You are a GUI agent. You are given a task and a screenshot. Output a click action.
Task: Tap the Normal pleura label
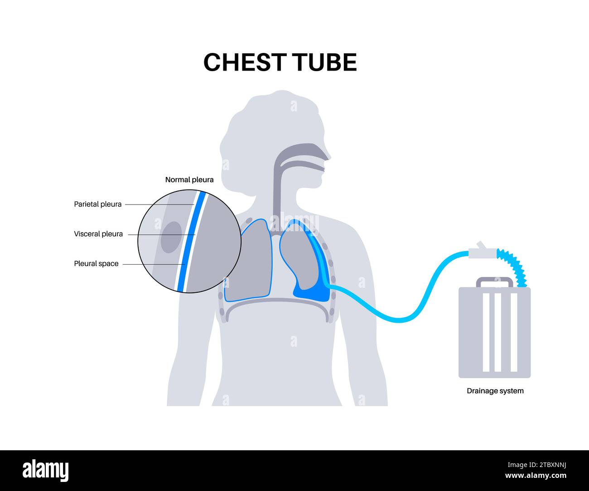point(189,180)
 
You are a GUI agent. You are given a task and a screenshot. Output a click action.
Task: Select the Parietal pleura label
point(98,204)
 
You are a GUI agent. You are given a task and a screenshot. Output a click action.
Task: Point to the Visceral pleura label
point(98,234)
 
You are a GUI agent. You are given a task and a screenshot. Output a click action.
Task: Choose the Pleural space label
point(96,263)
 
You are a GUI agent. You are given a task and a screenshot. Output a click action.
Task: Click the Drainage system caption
point(495,391)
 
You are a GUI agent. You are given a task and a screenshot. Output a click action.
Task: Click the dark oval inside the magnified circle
point(171,236)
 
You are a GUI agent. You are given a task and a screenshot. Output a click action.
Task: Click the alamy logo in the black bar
point(45,471)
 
